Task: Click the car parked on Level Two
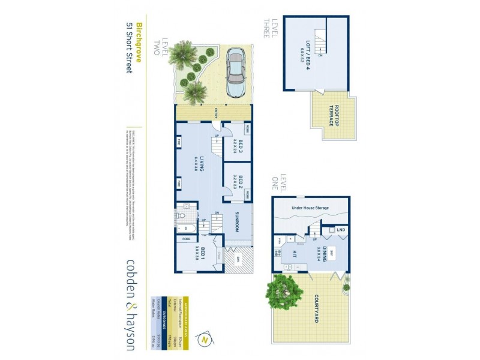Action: point(235,76)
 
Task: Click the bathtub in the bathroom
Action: point(185,228)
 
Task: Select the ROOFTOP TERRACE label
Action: point(332,115)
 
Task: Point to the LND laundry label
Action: point(341,229)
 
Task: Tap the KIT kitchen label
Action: point(294,254)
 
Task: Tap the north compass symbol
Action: point(205,340)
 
